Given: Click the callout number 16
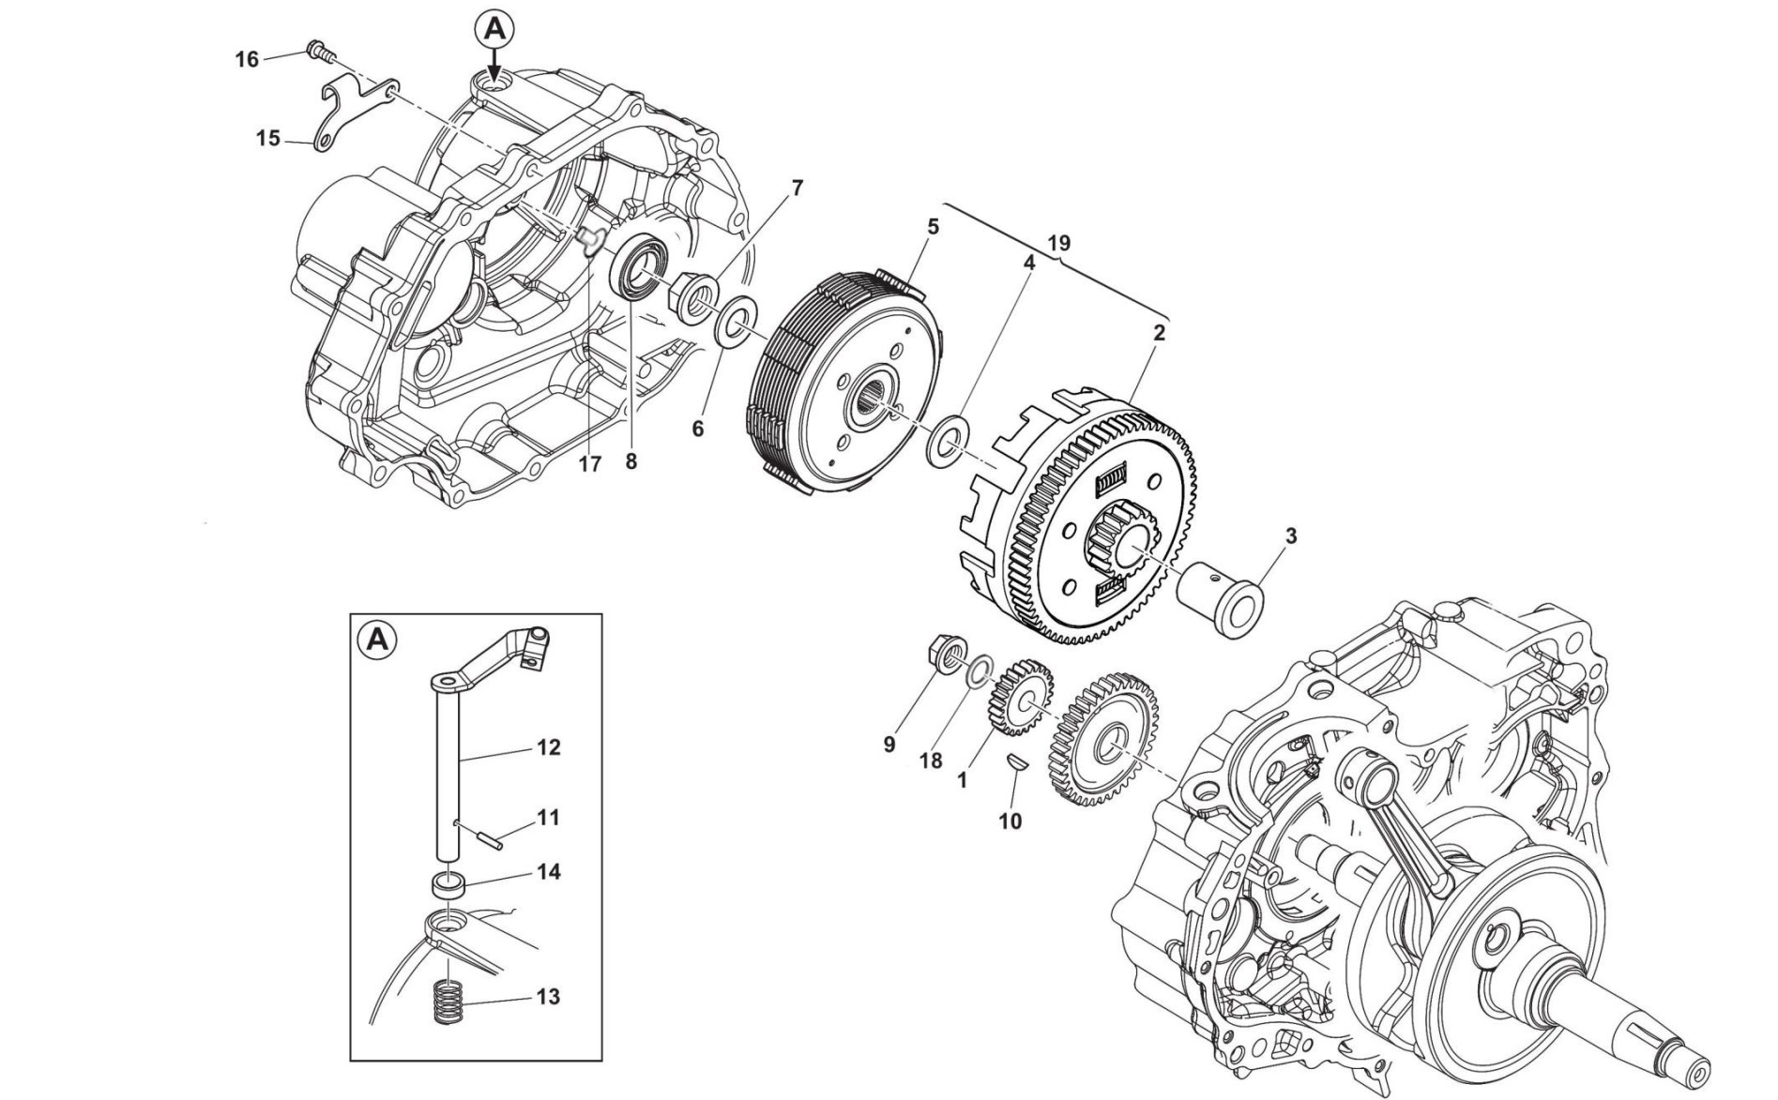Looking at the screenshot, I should (247, 60).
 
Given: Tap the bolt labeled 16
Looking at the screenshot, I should (317, 51).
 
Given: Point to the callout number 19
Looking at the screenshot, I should (1058, 244).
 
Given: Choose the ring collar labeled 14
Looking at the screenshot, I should (449, 883).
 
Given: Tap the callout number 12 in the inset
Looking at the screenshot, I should (549, 747).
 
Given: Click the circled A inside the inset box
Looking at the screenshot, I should (377, 640).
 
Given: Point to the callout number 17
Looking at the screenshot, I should (589, 463).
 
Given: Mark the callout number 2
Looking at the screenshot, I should (1160, 333).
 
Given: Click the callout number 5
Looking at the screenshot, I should (933, 226).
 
